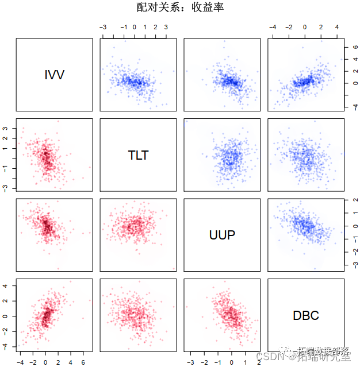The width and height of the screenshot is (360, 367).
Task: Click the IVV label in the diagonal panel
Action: point(54,75)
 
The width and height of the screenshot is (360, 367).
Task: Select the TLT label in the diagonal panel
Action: point(138,154)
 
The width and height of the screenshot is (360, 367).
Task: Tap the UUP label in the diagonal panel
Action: point(222,234)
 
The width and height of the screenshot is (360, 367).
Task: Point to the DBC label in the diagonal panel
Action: point(305,315)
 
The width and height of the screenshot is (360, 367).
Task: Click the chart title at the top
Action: point(180,7)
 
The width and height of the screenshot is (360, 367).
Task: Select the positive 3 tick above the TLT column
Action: point(166,27)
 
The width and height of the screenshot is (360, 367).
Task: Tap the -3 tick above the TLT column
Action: point(102,27)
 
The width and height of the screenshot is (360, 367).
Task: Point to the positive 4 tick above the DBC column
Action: point(337,27)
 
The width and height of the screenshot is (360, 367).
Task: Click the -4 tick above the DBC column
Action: point(273,27)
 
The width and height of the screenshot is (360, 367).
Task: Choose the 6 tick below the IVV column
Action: point(83,362)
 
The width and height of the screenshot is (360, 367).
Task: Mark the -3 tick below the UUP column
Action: point(190,362)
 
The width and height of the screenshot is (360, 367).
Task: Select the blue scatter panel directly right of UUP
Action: point(305,234)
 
